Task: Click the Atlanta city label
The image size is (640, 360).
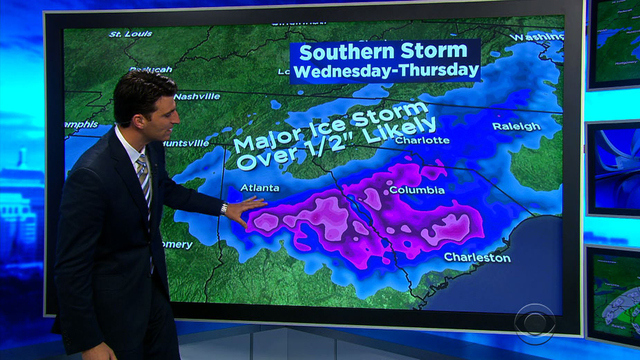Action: point(259,186)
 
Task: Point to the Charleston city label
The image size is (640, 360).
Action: point(477,257)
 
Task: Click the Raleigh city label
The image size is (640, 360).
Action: point(516,126)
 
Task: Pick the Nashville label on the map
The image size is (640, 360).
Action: point(196,96)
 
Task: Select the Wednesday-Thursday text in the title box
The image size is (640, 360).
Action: point(385,71)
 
